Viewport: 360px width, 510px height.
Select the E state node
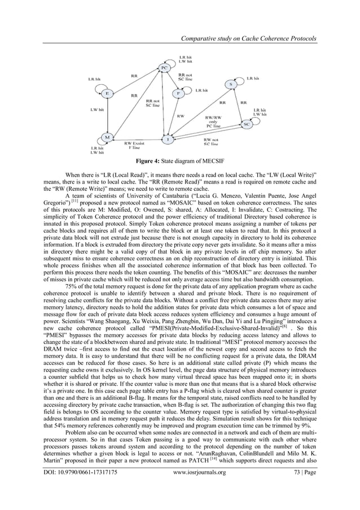coord(106,93)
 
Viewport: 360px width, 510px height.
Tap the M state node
coord(106,137)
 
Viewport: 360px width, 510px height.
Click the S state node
coord(231,85)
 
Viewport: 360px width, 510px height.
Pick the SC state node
coord(246,123)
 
